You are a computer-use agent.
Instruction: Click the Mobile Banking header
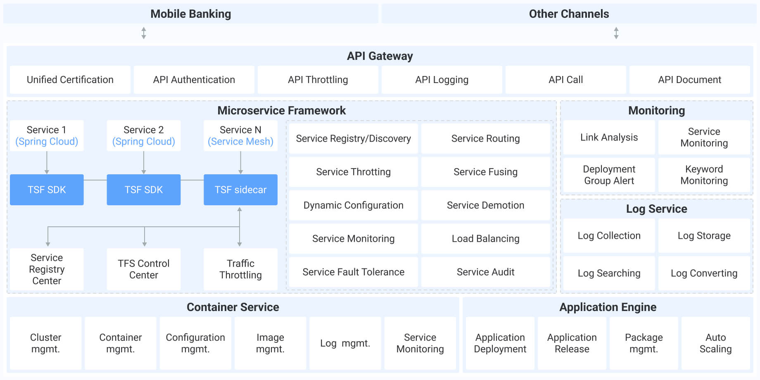click(x=190, y=14)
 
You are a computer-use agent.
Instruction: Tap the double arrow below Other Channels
click(x=616, y=33)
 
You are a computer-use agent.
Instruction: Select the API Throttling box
click(x=318, y=80)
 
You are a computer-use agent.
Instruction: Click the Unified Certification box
click(x=70, y=80)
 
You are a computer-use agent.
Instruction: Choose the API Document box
click(x=689, y=80)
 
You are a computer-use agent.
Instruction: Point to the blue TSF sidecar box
click(x=240, y=190)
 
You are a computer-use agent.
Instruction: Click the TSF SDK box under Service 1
click(x=47, y=190)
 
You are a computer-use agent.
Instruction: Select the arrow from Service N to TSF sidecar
click(x=240, y=162)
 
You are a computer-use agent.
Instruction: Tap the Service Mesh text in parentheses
click(x=240, y=142)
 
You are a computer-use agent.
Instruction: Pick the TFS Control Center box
click(x=143, y=269)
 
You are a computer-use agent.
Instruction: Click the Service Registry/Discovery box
click(x=353, y=138)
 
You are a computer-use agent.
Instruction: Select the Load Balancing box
click(x=485, y=238)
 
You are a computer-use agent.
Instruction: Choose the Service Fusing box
click(x=485, y=172)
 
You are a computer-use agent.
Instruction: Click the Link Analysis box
click(x=609, y=137)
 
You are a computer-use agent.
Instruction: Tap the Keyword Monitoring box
click(x=704, y=175)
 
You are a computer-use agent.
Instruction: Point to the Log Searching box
click(x=609, y=273)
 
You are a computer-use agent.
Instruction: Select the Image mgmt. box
click(x=270, y=343)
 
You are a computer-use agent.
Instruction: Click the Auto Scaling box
click(x=715, y=343)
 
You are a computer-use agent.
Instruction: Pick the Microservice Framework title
click(x=281, y=110)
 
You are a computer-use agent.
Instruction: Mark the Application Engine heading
click(x=608, y=307)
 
